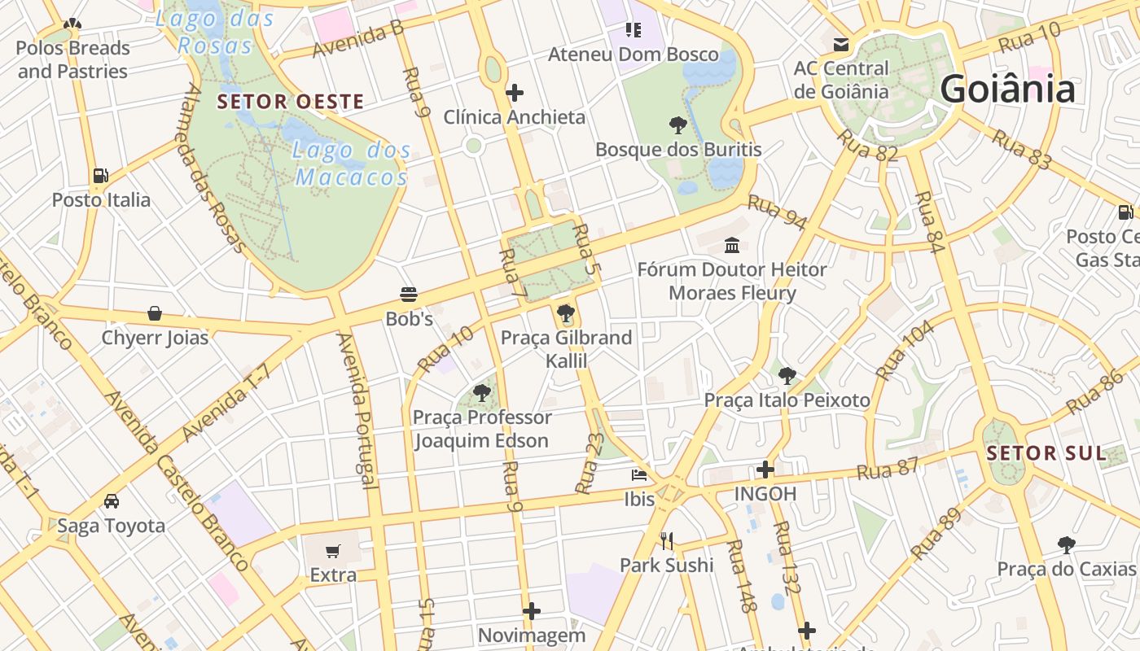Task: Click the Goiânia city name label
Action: click(1007, 89)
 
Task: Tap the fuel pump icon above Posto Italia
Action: click(100, 175)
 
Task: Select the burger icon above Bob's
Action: click(409, 294)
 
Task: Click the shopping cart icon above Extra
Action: click(332, 552)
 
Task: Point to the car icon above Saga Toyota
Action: click(111, 501)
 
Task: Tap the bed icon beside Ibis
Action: click(639, 474)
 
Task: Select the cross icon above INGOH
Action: click(765, 470)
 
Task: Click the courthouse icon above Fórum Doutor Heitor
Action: click(731, 244)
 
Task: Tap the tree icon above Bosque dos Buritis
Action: click(677, 125)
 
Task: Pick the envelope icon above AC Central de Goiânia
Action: click(840, 44)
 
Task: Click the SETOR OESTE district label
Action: click(291, 102)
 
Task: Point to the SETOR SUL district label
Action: click(1046, 453)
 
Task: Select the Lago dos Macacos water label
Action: click(351, 163)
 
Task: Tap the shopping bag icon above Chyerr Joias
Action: click(154, 313)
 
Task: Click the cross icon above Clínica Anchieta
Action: click(514, 93)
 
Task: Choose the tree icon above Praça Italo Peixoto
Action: click(787, 375)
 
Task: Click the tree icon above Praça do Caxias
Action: click(1066, 544)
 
